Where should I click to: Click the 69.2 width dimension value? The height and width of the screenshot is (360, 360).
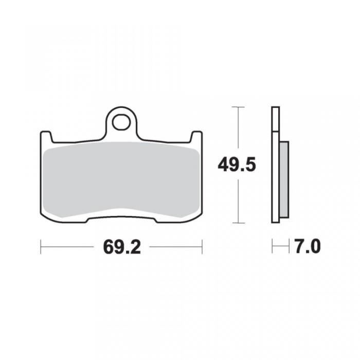[x=122, y=247]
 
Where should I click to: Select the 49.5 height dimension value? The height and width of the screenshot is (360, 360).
[x=237, y=165]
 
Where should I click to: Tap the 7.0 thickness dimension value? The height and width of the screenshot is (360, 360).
[x=308, y=246]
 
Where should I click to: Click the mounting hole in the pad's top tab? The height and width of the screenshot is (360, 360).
[x=121, y=122]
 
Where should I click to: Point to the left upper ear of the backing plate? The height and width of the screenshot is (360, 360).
[x=46, y=137]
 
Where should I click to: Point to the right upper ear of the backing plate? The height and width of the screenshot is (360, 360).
[x=196, y=137]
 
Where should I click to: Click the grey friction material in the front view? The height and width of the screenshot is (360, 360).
[x=121, y=179]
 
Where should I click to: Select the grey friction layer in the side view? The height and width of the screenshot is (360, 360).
[x=284, y=179]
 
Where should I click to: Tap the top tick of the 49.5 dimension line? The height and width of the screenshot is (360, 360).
[x=238, y=107]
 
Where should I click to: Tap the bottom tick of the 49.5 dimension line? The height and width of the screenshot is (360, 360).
[x=238, y=223]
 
